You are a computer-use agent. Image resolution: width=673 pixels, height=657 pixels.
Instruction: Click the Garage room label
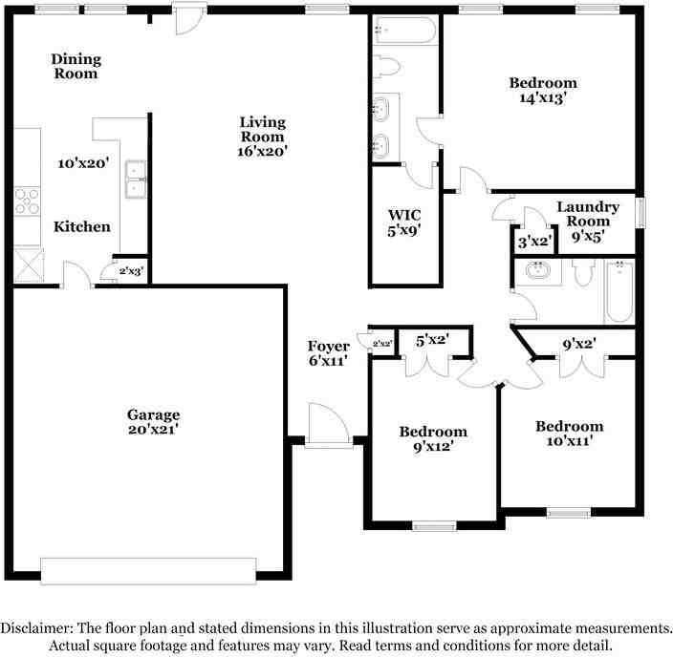pyautogui.click(x=153, y=414)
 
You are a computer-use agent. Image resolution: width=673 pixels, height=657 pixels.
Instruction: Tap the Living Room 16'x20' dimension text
pyautogui.click(x=262, y=152)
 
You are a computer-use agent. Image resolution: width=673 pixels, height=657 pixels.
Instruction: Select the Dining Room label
pyautogui.click(x=76, y=66)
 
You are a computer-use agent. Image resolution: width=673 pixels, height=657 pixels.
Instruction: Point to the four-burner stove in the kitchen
pyautogui.click(x=27, y=201)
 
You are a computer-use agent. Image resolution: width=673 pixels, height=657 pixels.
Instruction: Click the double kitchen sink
pyautogui.click(x=136, y=180)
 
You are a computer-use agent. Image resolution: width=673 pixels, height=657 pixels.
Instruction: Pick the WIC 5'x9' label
pyautogui.click(x=403, y=223)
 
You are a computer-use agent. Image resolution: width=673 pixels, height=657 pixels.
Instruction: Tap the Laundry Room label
pyautogui.click(x=588, y=214)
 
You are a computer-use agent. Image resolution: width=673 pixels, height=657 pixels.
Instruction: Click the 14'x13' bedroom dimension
pyautogui.click(x=543, y=98)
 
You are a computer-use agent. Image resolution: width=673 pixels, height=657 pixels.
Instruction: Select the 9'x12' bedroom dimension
pyautogui.click(x=433, y=447)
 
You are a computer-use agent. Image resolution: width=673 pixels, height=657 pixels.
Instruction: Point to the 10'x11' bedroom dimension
pyautogui.click(x=570, y=441)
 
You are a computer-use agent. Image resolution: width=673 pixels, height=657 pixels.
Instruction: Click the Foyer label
pyautogui.click(x=328, y=346)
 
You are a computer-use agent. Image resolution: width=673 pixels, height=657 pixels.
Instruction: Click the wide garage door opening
pyautogui.click(x=148, y=571)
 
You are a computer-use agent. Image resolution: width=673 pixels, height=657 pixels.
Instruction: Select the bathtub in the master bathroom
pyautogui.click(x=405, y=31)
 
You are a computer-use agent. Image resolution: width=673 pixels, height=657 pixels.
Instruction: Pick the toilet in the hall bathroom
pyautogui.click(x=583, y=273)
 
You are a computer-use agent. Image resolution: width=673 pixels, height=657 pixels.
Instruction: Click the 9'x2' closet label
pyautogui.click(x=579, y=344)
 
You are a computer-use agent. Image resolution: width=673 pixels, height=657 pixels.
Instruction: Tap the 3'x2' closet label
pyautogui.click(x=534, y=242)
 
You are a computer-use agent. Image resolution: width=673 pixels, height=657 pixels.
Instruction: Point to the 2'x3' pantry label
pyautogui.click(x=131, y=271)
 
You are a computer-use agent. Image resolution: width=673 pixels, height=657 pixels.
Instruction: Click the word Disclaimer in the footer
pyautogui.click(x=36, y=628)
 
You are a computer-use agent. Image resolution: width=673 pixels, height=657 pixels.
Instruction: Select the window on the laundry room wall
pyautogui.click(x=640, y=212)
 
